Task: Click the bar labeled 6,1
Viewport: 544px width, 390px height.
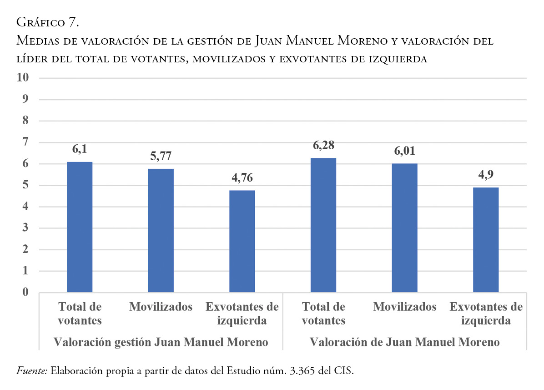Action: (80, 227)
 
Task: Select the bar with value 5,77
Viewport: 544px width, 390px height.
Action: (161, 230)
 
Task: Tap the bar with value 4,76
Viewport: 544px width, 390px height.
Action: (242, 241)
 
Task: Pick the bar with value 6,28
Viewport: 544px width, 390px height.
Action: (323, 225)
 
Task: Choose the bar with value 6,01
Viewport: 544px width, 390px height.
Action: (404, 228)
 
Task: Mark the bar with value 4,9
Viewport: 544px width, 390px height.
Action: (486, 239)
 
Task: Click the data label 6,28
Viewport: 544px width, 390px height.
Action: (323, 146)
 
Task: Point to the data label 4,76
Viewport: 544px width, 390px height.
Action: (242, 178)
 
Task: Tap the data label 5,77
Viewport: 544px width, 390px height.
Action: (161, 157)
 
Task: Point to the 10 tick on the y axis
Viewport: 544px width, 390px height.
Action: (23, 78)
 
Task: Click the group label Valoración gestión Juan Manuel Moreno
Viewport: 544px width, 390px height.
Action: (161, 342)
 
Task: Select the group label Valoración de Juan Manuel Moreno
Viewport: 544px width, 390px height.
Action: (404, 342)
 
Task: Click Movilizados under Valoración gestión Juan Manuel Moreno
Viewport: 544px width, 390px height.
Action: (161, 307)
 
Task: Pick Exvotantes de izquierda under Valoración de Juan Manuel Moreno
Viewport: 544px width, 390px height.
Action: (486, 313)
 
